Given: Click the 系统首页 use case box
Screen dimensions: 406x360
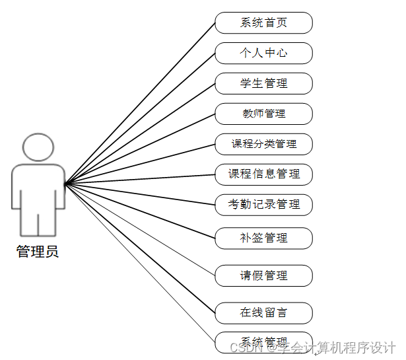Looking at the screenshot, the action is pyautogui.click(x=263, y=23).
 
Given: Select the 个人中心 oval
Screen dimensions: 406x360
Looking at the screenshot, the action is pyautogui.click(x=263, y=54).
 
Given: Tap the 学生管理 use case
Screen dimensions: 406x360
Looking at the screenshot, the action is pyautogui.click(x=263, y=84).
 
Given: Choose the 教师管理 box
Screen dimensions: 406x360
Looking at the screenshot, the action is pyautogui.click(x=263, y=114).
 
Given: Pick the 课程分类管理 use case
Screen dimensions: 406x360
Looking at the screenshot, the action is pyautogui.click(x=263, y=144).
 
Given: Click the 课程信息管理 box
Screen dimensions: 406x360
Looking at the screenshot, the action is pyautogui.click(x=263, y=174).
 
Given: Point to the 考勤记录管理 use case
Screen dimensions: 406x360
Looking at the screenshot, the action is pyautogui.click(x=263, y=205).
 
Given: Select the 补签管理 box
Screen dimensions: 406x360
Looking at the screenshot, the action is pyautogui.click(x=263, y=238).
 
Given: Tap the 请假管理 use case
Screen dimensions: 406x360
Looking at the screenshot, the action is pyautogui.click(x=263, y=275).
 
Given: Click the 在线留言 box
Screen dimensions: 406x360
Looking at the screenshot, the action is pyautogui.click(x=263, y=312).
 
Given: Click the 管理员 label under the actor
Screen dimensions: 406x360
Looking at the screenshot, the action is pyautogui.click(x=38, y=252).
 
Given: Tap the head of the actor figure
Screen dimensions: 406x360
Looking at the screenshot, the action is pyautogui.click(x=38, y=147).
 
